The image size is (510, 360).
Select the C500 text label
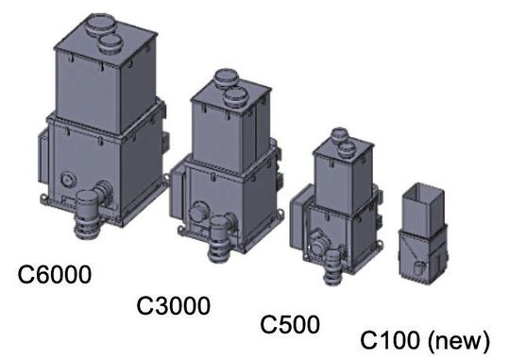tap(289, 325)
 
